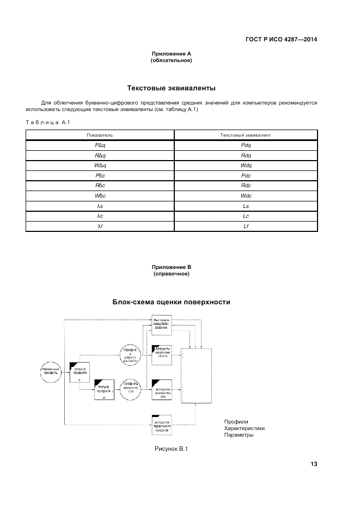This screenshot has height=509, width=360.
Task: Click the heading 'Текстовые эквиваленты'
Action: [x=171, y=88]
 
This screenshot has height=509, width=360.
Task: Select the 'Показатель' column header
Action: [x=100, y=134]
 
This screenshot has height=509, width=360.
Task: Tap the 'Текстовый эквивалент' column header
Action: [x=245, y=134]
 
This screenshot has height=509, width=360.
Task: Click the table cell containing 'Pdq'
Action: [x=245, y=145]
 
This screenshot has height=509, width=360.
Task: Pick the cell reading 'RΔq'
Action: [x=100, y=155]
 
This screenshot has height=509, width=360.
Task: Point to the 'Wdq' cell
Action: [x=245, y=165]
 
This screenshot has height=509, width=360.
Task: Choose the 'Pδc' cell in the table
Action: [x=100, y=175]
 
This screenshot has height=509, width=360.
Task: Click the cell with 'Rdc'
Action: [x=245, y=186]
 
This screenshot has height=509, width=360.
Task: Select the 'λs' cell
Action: [x=100, y=206]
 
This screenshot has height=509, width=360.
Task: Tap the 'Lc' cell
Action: [x=245, y=216]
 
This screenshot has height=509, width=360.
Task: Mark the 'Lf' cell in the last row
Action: [x=245, y=226]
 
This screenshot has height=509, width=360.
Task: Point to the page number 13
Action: [x=314, y=464]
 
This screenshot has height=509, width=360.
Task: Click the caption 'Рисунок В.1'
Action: [x=171, y=448]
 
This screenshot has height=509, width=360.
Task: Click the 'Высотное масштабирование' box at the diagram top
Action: [x=161, y=324]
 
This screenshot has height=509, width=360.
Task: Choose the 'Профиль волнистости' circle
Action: [x=131, y=390]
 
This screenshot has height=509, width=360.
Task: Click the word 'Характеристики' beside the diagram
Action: [x=244, y=428]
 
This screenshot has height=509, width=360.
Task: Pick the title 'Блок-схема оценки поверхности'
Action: [x=171, y=302]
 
